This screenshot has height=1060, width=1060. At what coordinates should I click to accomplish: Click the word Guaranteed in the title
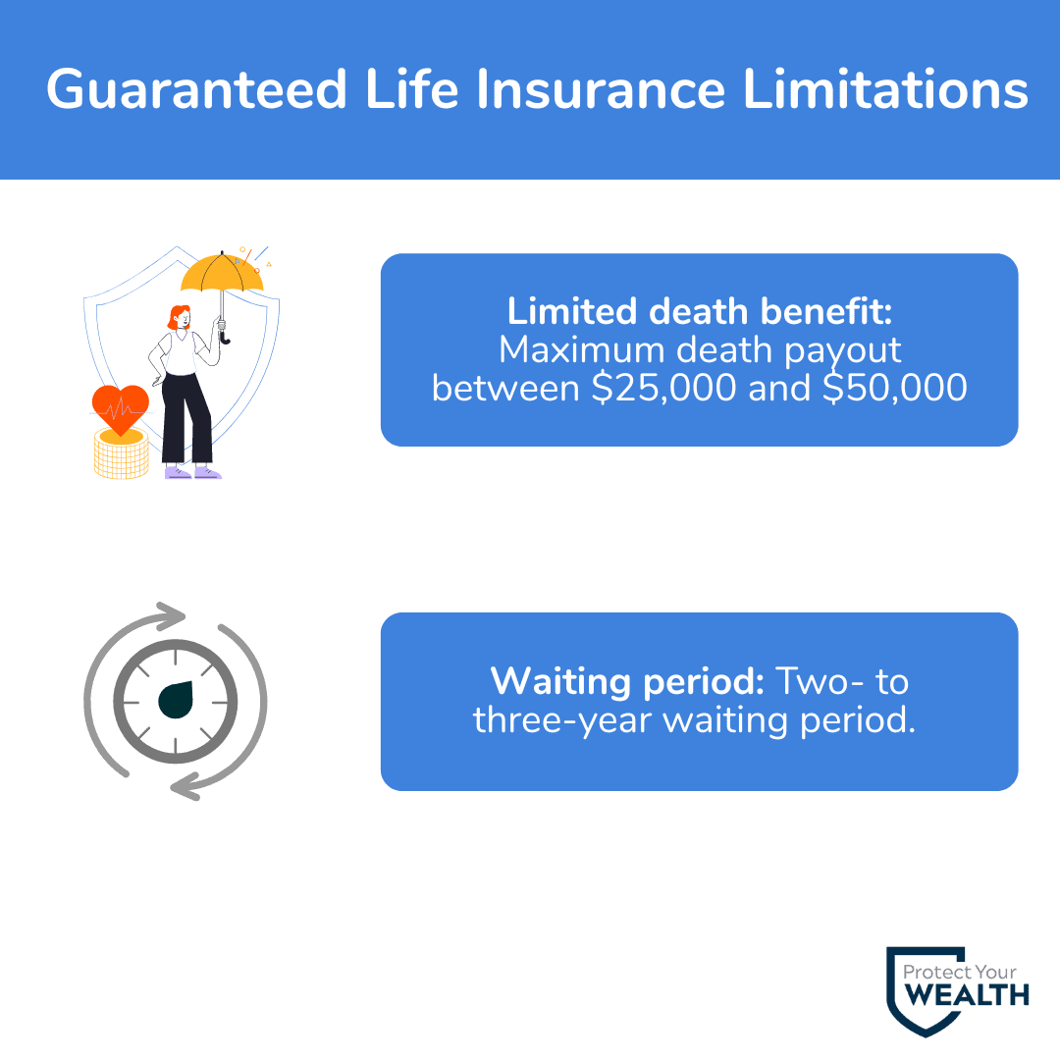(x=196, y=90)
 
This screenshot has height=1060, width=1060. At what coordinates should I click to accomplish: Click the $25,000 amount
(x=663, y=388)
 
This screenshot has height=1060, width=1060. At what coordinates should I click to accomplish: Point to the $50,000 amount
(x=895, y=388)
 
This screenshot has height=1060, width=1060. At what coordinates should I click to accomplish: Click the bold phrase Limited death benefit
(x=700, y=312)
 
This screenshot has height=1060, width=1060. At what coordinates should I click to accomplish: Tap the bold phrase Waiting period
(x=627, y=682)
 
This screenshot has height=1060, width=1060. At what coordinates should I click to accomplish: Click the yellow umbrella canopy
(x=222, y=272)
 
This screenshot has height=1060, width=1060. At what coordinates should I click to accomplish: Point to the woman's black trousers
(x=186, y=418)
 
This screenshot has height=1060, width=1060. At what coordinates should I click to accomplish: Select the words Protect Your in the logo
(x=959, y=972)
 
